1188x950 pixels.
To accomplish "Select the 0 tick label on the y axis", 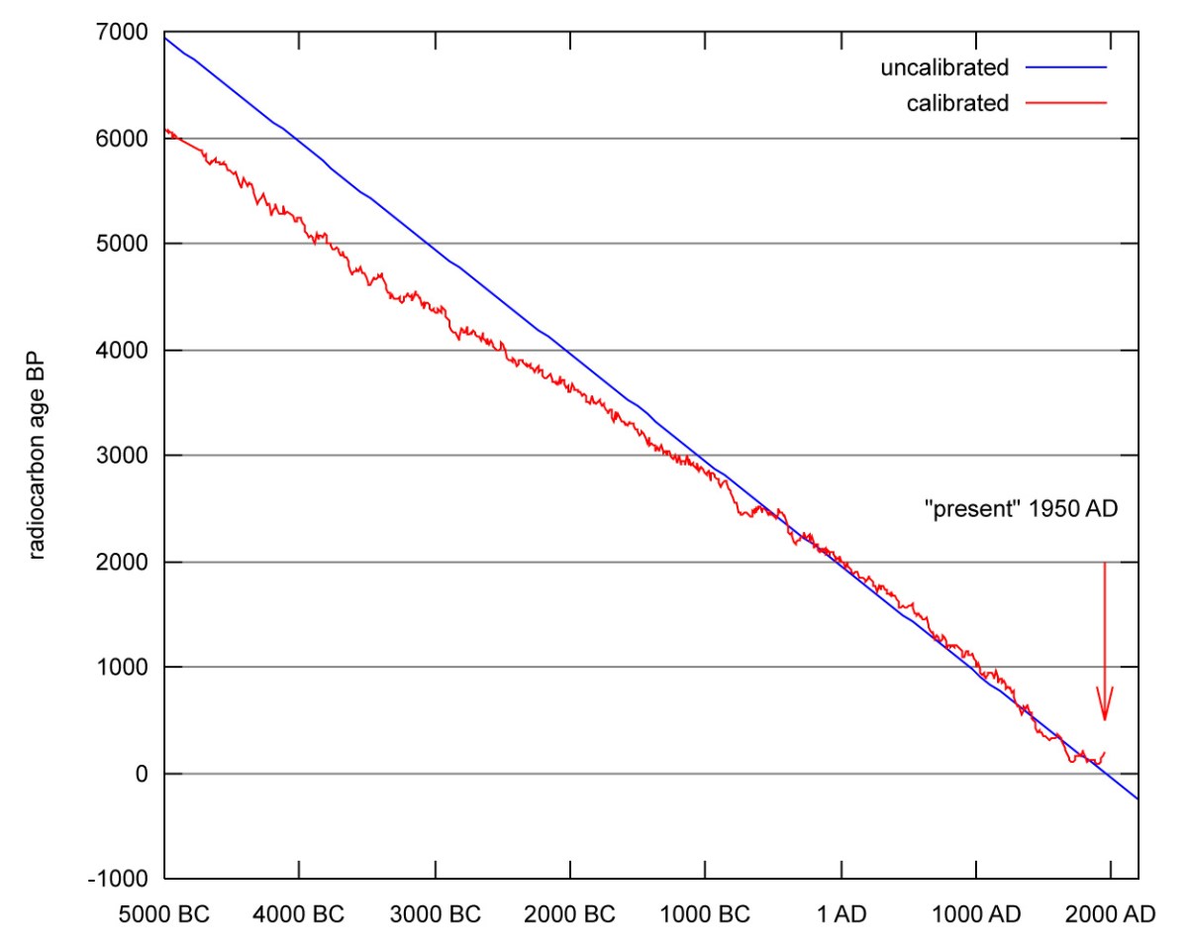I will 141,774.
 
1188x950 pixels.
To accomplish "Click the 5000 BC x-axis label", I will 164,914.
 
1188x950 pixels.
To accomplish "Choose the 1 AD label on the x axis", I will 841,914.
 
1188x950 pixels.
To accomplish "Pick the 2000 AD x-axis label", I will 1111,914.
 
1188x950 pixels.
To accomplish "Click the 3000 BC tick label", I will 435,914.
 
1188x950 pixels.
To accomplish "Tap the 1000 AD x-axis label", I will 975,914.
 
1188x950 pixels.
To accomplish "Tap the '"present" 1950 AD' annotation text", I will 1021,515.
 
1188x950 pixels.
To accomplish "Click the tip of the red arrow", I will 1105,720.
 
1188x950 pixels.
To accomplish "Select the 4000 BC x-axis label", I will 299,914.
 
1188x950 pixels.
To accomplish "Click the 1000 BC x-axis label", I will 705,914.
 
